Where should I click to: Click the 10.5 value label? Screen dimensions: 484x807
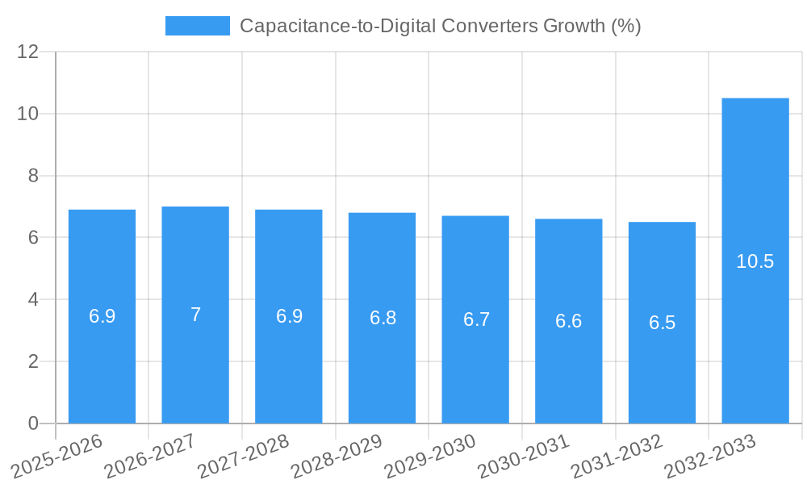[x=755, y=261]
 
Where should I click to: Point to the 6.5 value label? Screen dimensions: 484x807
[x=662, y=323]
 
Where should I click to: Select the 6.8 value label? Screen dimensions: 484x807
[x=383, y=318]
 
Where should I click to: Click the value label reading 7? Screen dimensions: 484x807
[x=195, y=315]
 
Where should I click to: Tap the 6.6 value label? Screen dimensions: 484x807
[x=568, y=321]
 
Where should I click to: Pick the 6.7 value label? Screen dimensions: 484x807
[x=475, y=319]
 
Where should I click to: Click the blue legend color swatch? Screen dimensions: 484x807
[x=197, y=26]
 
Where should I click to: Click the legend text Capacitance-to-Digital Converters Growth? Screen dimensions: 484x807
[x=440, y=26]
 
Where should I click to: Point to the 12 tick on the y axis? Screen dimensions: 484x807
[x=28, y=52]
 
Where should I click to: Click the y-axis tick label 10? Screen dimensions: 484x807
[x=28, y=114]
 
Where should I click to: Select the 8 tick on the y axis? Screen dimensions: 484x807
[x=33, y=176]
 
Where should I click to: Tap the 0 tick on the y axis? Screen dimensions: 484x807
[x=33, y=423]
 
